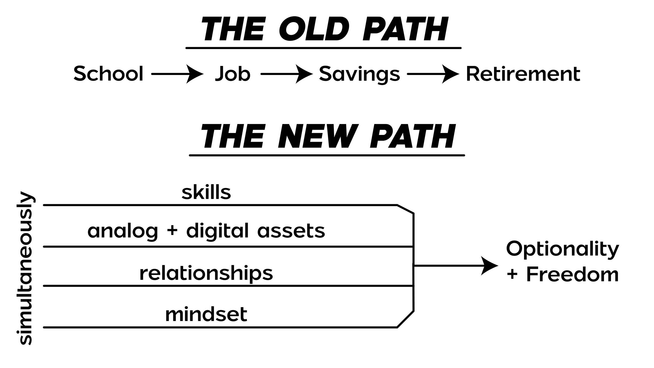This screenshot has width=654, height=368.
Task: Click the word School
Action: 108,74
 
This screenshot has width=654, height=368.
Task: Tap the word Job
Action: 232,74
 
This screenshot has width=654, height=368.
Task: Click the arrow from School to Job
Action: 177,74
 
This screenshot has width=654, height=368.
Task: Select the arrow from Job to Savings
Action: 287,74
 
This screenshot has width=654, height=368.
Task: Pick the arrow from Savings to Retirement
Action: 433,74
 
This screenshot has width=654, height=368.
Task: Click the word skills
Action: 206,192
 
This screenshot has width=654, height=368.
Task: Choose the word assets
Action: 291,231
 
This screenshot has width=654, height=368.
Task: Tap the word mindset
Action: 206,314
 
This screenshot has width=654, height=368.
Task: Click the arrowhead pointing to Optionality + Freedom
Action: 489,266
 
